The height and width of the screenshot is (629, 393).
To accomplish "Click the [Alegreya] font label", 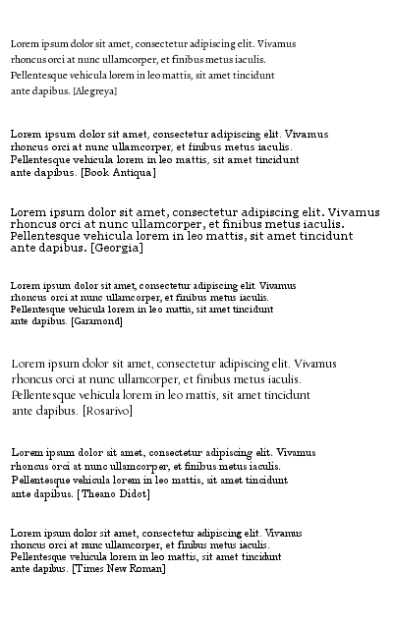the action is pyautogui.click(x=95, y=91).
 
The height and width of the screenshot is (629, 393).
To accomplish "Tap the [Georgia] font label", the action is pyautogui.click(x=116, y=249).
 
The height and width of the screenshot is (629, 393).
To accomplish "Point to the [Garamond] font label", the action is pyautogui.click(x=96, y=321).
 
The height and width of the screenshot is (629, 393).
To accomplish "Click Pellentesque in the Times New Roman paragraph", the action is pyautogui.click(x=36, y=556).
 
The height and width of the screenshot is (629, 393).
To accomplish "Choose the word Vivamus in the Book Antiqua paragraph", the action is pyautogui.click(x=306, y=134).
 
